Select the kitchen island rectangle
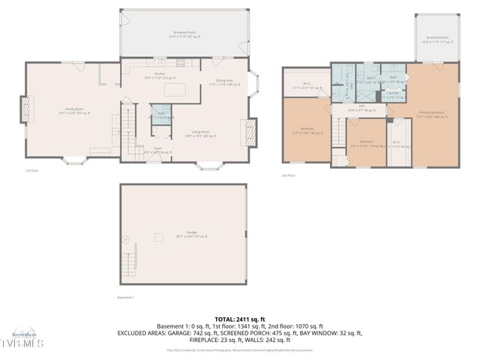coord(174,91)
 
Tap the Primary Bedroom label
coord(431,114)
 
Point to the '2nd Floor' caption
coord(289,175)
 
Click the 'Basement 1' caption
coord(125,298)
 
